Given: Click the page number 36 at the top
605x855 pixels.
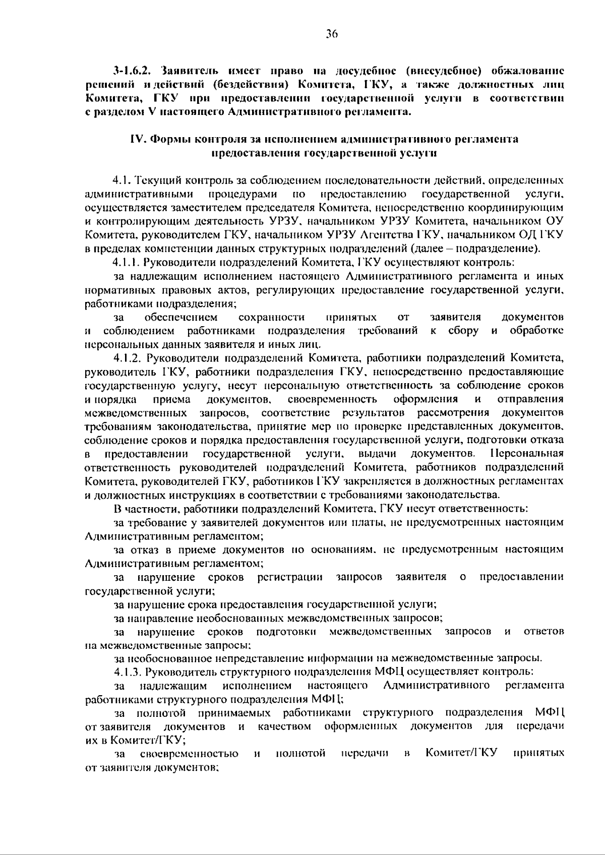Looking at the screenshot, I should (331, 34).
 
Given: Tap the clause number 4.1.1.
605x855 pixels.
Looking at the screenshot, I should (126, 262).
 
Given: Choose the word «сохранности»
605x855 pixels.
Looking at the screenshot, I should (271, 317).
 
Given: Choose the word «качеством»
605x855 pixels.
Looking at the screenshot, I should (284, 726).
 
